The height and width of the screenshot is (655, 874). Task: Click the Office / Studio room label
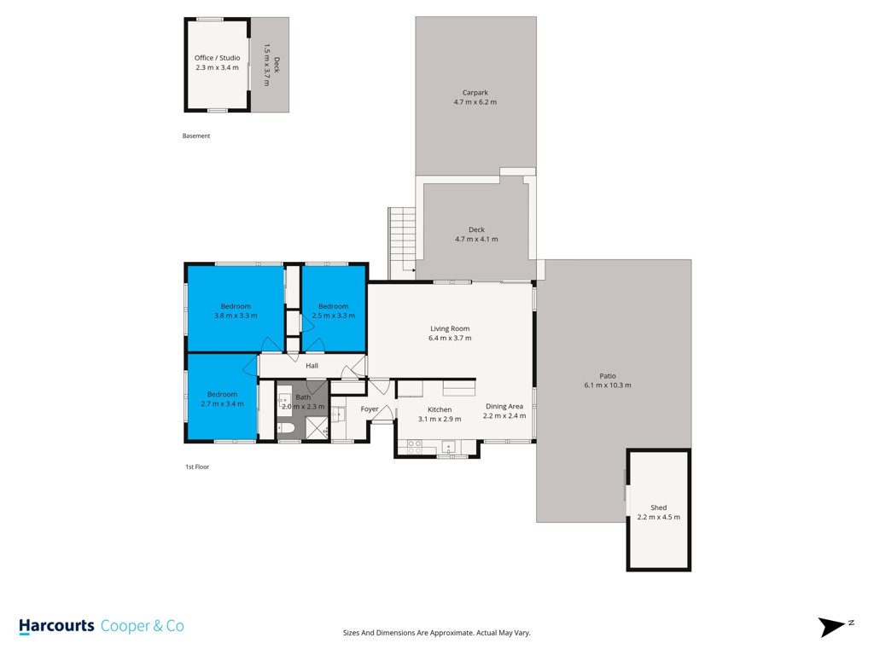click(x=218, y=58)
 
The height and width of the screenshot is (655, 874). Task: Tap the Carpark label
click(x=475, y=93)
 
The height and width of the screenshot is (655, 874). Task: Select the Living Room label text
click(x=450, y=328)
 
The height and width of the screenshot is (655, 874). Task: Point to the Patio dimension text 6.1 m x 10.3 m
click(x=608, y=385)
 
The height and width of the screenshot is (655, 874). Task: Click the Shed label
click(x=658, y=507)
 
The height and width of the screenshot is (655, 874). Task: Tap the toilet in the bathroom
click(x=286, y=429)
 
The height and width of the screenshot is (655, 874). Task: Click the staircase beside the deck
click(x=402, y=243)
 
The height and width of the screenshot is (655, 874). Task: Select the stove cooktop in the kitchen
click(x=414, y=447)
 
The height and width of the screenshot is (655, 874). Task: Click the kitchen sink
click(x=449, y=447)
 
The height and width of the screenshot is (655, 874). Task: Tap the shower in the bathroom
click(x=317, y=428)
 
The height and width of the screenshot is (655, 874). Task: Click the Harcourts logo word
click(x=56, y=627)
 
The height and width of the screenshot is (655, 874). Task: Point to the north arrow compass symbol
click(x=833, y=627)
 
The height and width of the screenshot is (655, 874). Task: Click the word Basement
click(x=196, y=136)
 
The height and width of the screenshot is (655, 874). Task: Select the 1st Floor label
click(x=197, y=467)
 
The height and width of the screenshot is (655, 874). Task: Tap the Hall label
click(x=312, y=366)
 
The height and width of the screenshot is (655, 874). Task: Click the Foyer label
click(x=370, y=409)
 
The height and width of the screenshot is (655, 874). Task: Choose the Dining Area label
click(x=504, y=407)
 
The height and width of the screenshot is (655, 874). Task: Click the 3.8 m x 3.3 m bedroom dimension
click(x=236, y=316)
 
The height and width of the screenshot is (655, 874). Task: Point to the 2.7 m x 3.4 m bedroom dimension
click(x=223, y=403)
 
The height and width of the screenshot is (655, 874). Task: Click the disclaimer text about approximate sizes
click(x=436, y=633)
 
